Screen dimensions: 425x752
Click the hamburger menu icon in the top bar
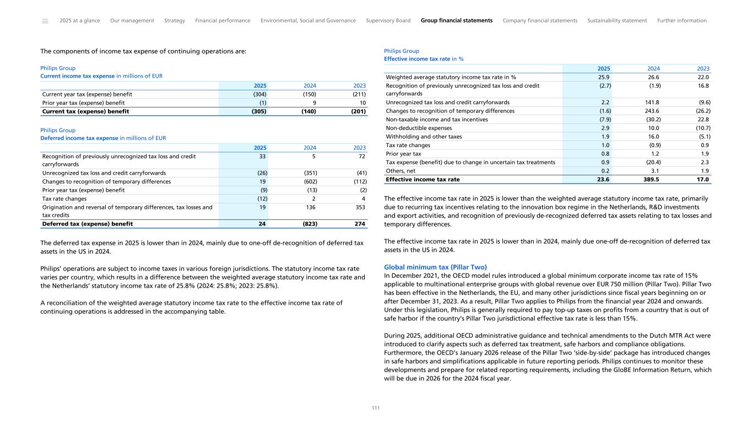[x=45, y=21]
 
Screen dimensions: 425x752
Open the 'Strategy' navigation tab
[x=175, y=20]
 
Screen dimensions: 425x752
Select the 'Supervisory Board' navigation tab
[x=388, y=20]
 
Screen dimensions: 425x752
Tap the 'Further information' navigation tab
[x=681, y=20]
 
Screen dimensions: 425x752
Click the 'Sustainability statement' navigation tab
[x=617, y=20]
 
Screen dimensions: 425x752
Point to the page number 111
[x=376, y=408]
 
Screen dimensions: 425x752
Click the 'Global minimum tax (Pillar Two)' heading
[x=435, y=267]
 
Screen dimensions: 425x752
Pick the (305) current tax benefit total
[x=257, y=111]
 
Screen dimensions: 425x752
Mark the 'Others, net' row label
[x=401, y=170]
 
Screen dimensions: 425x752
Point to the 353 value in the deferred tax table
[x=360, y=207]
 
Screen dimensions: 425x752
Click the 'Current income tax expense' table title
[x=78, y=76]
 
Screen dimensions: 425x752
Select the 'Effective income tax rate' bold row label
[x=423, y=179]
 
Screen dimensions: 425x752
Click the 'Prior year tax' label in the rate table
[x=403, y=153]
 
